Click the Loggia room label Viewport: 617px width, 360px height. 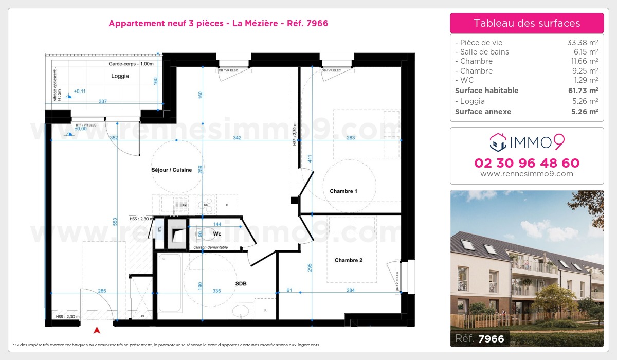[x=120, y=76]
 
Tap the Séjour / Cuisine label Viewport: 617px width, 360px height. [x=172, y=170]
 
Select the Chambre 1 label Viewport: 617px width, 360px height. [x=343, y=191]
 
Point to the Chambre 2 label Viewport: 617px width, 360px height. [x=349, y=260]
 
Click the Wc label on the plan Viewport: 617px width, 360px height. [x=217, y=233]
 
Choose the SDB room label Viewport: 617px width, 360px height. [x=241, y=283]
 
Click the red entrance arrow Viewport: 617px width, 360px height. [x=96, y=330]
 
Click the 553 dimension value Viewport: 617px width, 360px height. [x=116, y=222]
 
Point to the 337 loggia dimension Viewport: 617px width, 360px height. [x=102, y=102]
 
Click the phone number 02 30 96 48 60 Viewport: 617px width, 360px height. [x=527, y=163]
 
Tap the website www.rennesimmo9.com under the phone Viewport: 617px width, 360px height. [x=527, y=174]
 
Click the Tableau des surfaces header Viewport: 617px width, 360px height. [x=527, y=23]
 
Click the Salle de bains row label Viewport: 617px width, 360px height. [x=484, y=52]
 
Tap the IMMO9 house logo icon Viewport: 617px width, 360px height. [x=498, y=142]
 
